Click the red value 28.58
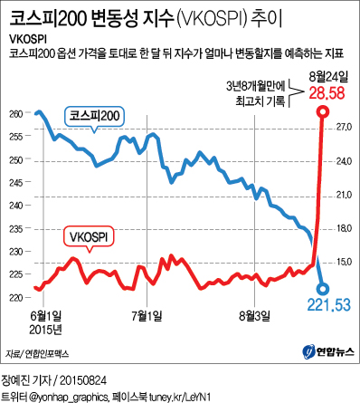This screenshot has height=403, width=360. (326, 93)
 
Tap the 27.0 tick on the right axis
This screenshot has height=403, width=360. (343, 128)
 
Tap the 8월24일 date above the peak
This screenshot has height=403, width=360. (327, 78)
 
